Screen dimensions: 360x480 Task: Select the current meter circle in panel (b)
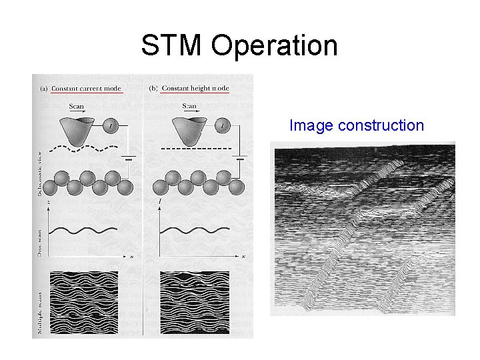tap(220, 124)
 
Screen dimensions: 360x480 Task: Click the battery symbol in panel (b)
tap(240, 158)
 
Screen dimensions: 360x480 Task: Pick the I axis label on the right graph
tap(160, 201)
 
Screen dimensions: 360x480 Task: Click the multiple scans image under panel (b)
tap(193, 302)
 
